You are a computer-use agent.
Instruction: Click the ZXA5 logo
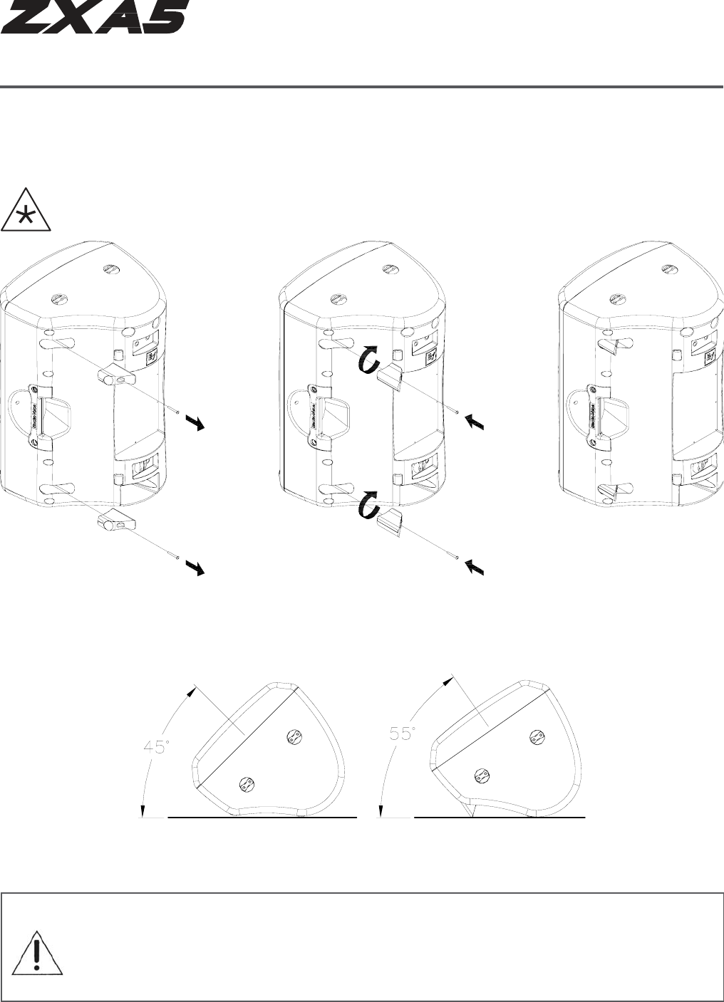pyautogui.click(x=94, y=17)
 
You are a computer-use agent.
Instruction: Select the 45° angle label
pyautogui.click(x=157, y=747)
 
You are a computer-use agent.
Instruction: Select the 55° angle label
pyautogui.click(x=401, y=734)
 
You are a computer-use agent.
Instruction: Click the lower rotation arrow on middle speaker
pyautogui.click(x=368, y=503)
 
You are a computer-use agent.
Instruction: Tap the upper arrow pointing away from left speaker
pyautogui.click(x=194, y=424)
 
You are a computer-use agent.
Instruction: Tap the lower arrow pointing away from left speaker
pyautogui.click(x=194, y=568)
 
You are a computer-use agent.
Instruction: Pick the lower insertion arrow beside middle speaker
pyautogui.click(x=474, y=568)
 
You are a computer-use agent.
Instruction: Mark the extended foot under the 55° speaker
pyautogui.click(x=470, y=810)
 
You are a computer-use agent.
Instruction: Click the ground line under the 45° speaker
pyautogui.click(x=262, y=819)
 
